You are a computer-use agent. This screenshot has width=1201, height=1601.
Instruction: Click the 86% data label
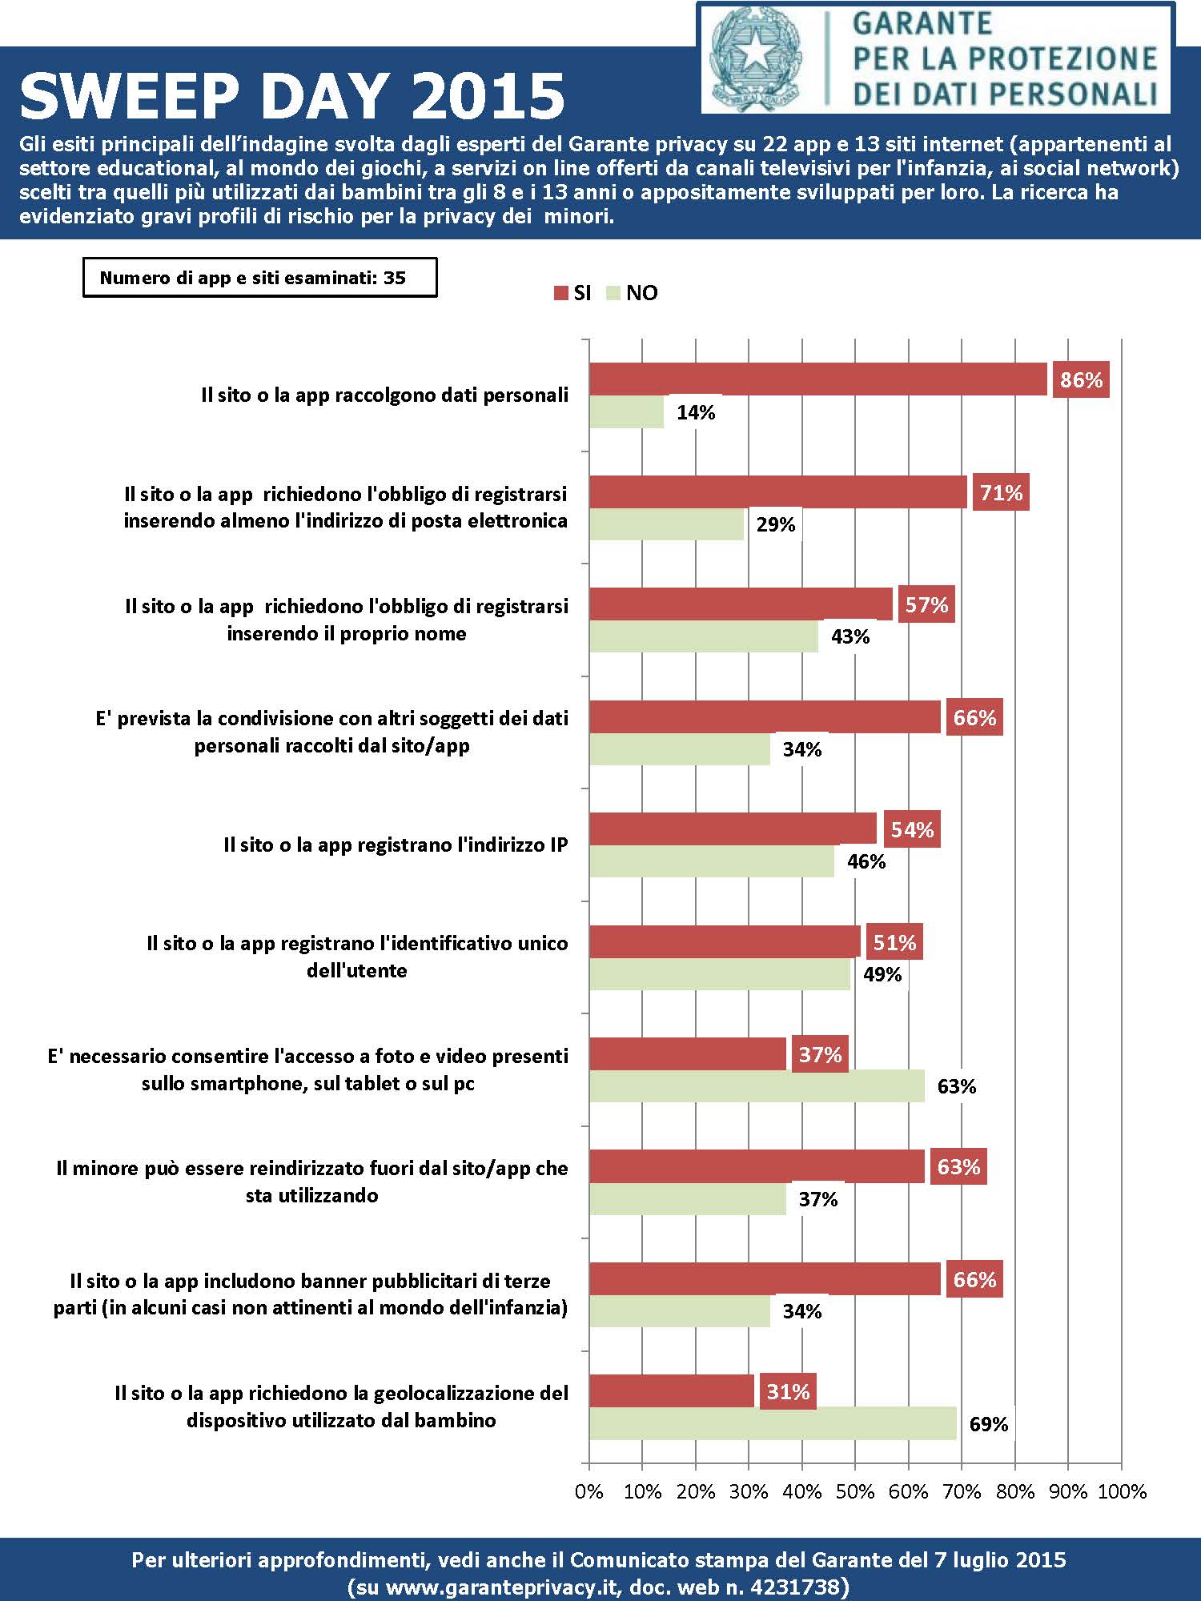(x=1081, y=380)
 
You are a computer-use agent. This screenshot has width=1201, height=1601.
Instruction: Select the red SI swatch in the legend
(x=560, y=293)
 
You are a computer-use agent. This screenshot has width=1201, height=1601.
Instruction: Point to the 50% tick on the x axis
(x=855, y=1491)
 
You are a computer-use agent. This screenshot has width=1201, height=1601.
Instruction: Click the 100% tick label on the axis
(x=1122, y=1491)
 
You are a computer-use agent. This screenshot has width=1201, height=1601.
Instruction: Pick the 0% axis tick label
(x=589, y=1491)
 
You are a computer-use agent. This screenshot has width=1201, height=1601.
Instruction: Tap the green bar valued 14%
(x=627, y=412)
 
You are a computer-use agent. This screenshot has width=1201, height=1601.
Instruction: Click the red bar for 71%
(x=778, y=492)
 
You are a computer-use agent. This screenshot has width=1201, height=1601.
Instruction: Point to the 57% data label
(x=926, y=605)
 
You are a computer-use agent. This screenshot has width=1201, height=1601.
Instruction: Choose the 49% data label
(x=882, y=974)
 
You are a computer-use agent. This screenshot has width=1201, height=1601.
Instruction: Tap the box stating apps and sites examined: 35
(x=259, y=278)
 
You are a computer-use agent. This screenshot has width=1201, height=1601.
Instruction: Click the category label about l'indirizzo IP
(x=396, y=845)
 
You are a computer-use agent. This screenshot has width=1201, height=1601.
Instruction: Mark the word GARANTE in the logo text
(x=922, y=23)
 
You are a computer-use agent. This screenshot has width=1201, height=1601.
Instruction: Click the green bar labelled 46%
(x=712, y=861)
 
